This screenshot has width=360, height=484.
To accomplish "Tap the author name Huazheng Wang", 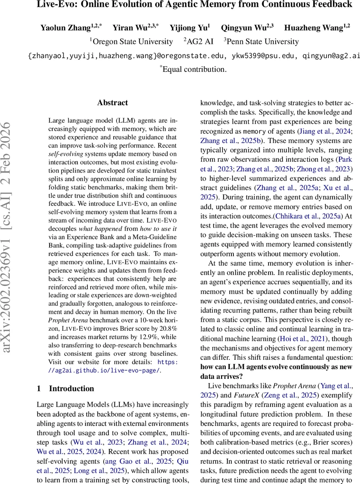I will pos(312,28).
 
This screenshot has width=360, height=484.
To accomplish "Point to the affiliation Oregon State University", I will pos(133,42).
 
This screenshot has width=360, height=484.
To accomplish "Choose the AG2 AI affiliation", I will pos(200,42).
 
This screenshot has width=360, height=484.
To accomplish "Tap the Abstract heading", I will pos(112,103).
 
